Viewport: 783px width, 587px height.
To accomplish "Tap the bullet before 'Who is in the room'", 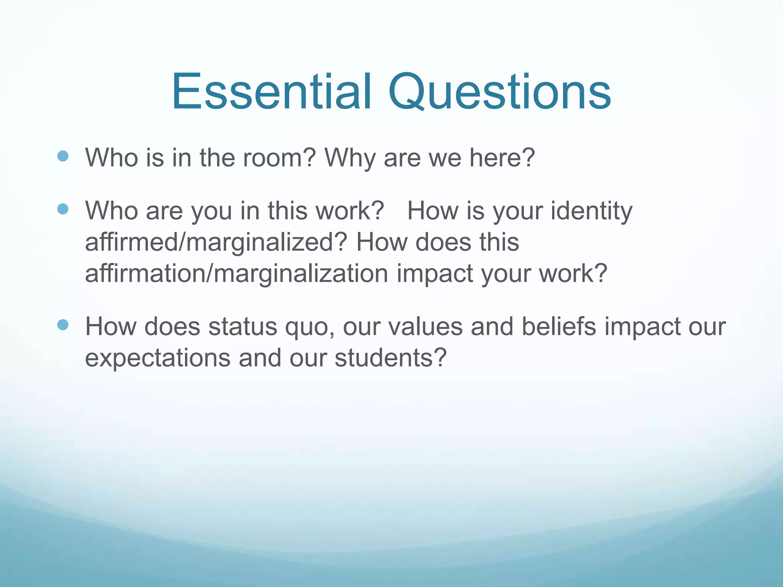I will pos(62,156).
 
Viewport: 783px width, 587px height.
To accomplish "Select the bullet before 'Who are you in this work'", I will pos(62,209).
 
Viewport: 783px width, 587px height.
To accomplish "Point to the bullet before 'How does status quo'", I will pos(62,325).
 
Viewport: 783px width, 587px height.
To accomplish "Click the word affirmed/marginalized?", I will pos(216,242).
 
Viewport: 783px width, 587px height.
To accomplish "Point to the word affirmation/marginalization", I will pos(236,274).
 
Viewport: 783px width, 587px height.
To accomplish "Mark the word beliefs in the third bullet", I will pos(559,327).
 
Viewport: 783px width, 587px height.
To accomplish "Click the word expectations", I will pos(158,358).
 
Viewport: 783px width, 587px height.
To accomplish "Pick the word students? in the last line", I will pos(390,358).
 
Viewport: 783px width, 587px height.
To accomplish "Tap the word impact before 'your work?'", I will pos(435,274).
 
